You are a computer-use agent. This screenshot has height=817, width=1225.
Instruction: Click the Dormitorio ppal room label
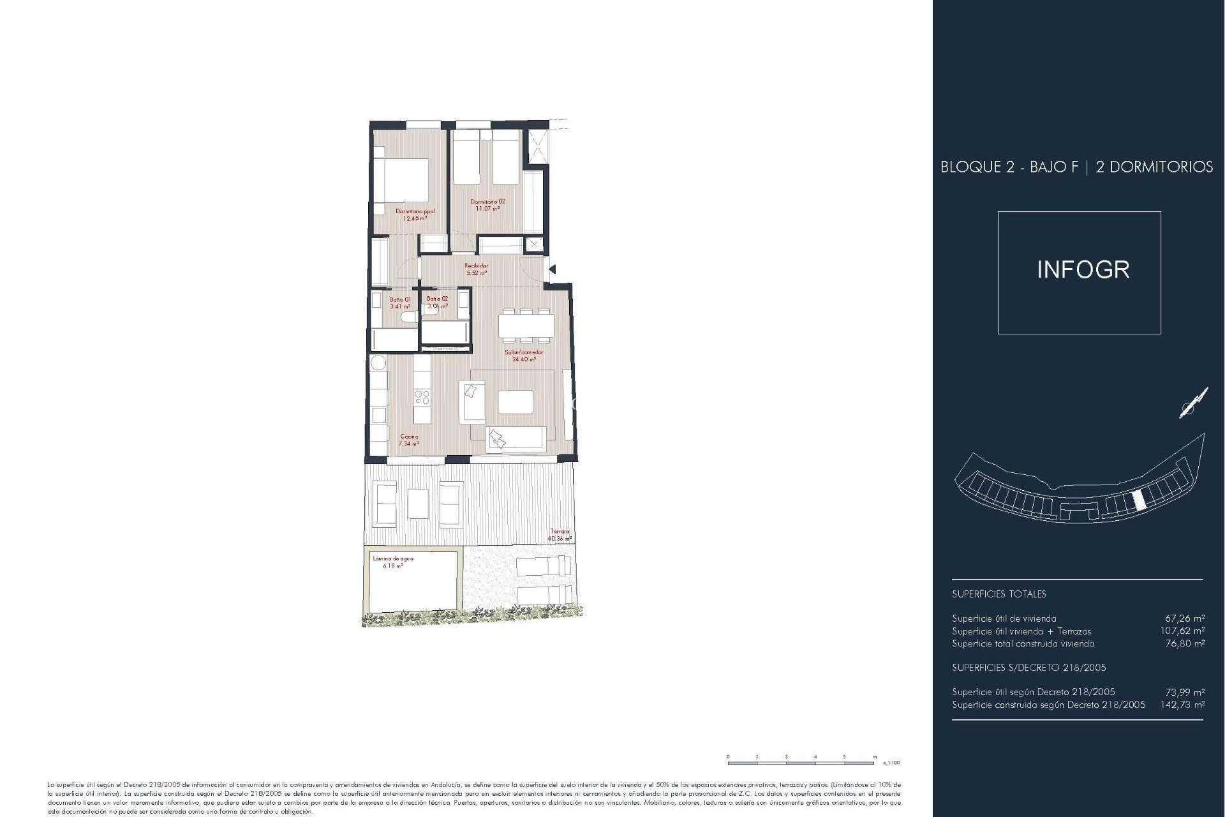click(415, 211)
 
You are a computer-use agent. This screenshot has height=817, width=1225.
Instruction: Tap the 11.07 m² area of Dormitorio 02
click(487, 209)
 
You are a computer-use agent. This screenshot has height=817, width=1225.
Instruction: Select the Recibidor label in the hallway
click(476, 266)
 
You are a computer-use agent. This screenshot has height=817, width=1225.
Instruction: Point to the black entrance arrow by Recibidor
click(553, 269)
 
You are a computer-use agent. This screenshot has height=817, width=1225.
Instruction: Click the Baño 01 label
click(400, 299)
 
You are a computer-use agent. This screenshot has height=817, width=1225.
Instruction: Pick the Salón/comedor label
click(524, 352)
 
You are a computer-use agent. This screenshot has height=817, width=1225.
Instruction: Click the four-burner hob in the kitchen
click(422, 398)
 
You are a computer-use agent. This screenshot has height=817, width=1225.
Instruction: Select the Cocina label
click(409, 437)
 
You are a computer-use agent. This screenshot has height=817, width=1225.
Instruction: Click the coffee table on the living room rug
click(516, 402)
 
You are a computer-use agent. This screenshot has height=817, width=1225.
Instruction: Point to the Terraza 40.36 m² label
click(560, 535)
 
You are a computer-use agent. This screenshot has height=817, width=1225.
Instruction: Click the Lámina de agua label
click(393, 558)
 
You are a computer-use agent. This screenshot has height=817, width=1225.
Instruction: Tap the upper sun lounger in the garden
click(543, 566)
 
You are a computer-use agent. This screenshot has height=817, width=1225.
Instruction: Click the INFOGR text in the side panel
click(1083, 270)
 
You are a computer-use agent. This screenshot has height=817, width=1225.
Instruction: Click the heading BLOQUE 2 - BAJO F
click(1009, 167)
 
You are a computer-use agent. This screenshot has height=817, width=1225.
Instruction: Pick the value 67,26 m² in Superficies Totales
click(1185, 618)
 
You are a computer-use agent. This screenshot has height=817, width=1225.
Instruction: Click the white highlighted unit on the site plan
click(1138, 502)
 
